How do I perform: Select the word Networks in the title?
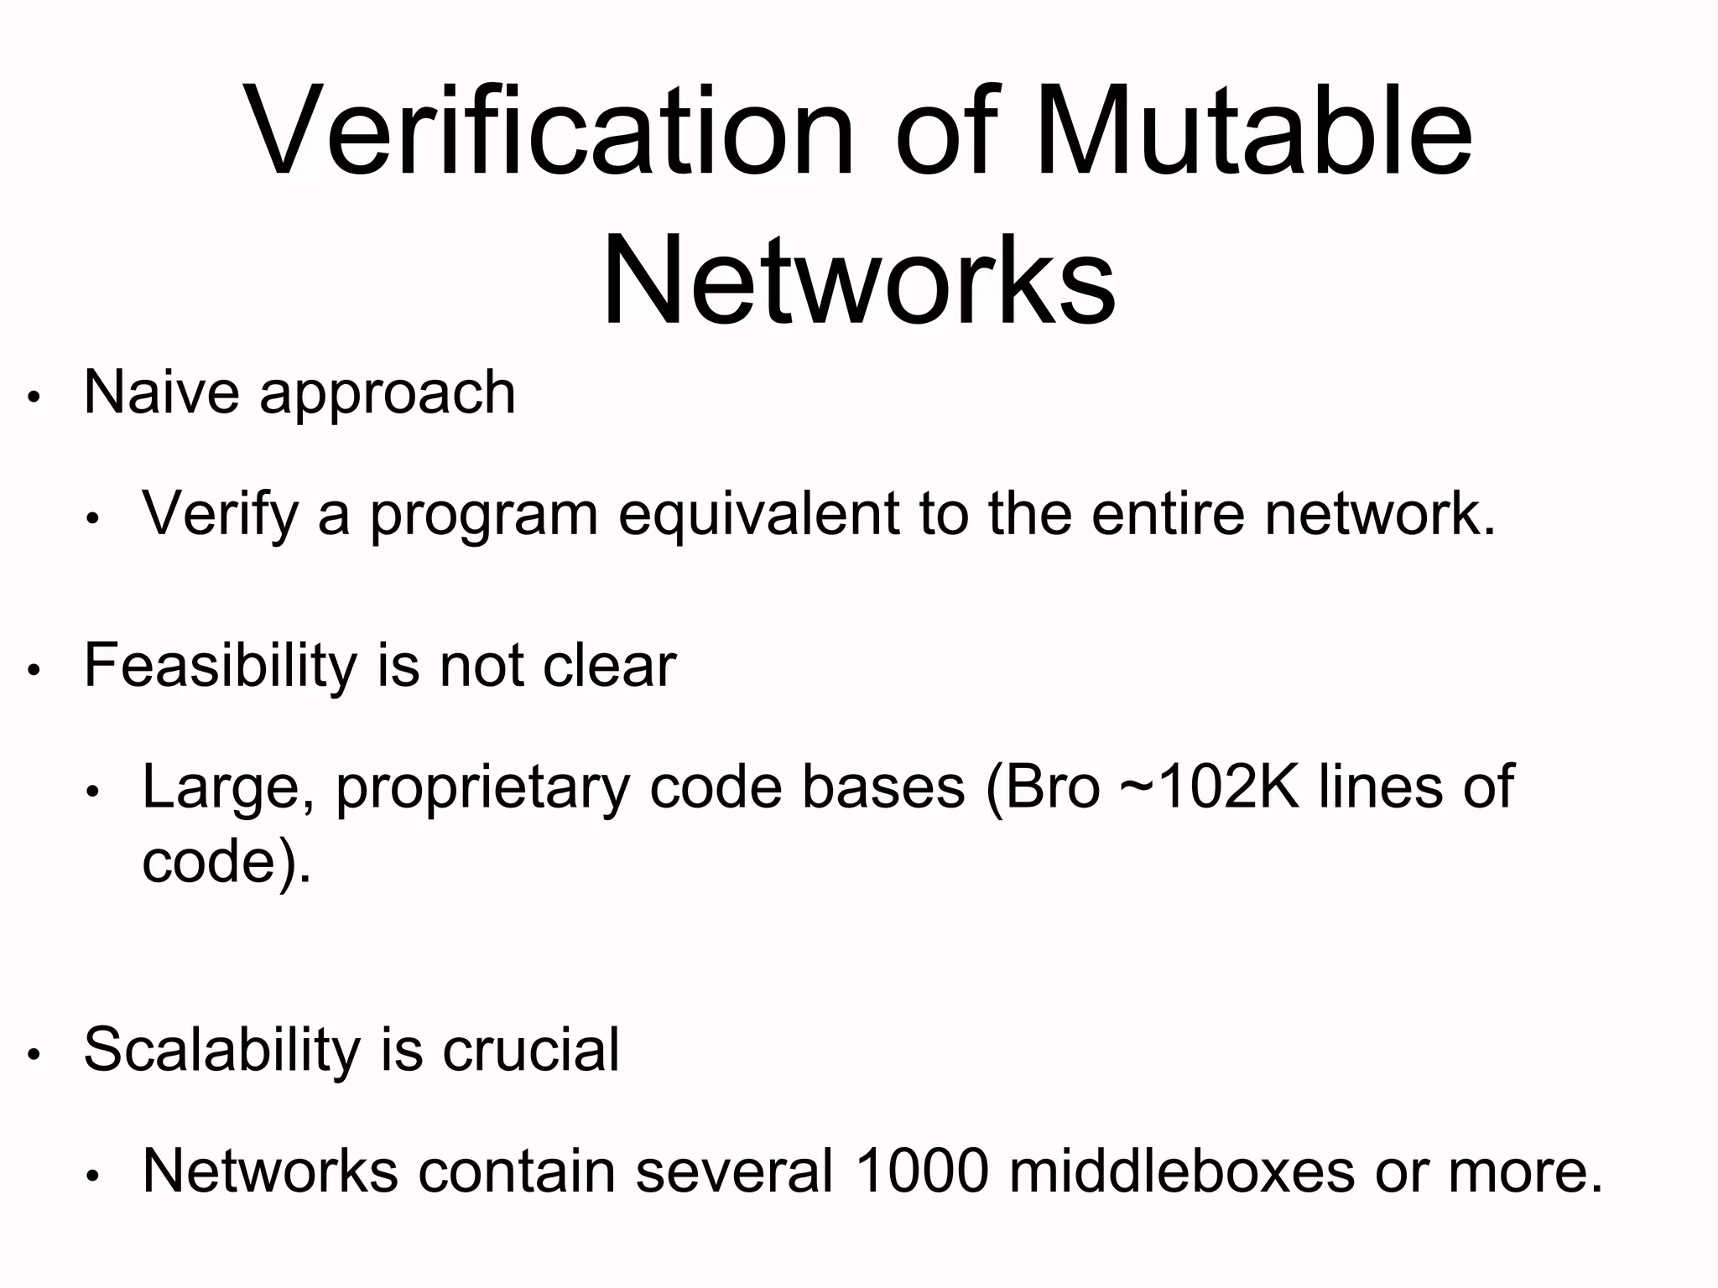[x=859, y=281]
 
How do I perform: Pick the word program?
[x=484, y=516]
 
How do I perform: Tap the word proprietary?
[x=482, y=789]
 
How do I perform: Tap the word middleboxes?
[x=1181, y=1171]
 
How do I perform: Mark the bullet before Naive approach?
[x=34, y=397]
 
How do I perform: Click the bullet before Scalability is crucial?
[x=34, y=1055]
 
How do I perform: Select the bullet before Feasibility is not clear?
[x=34, y=671]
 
